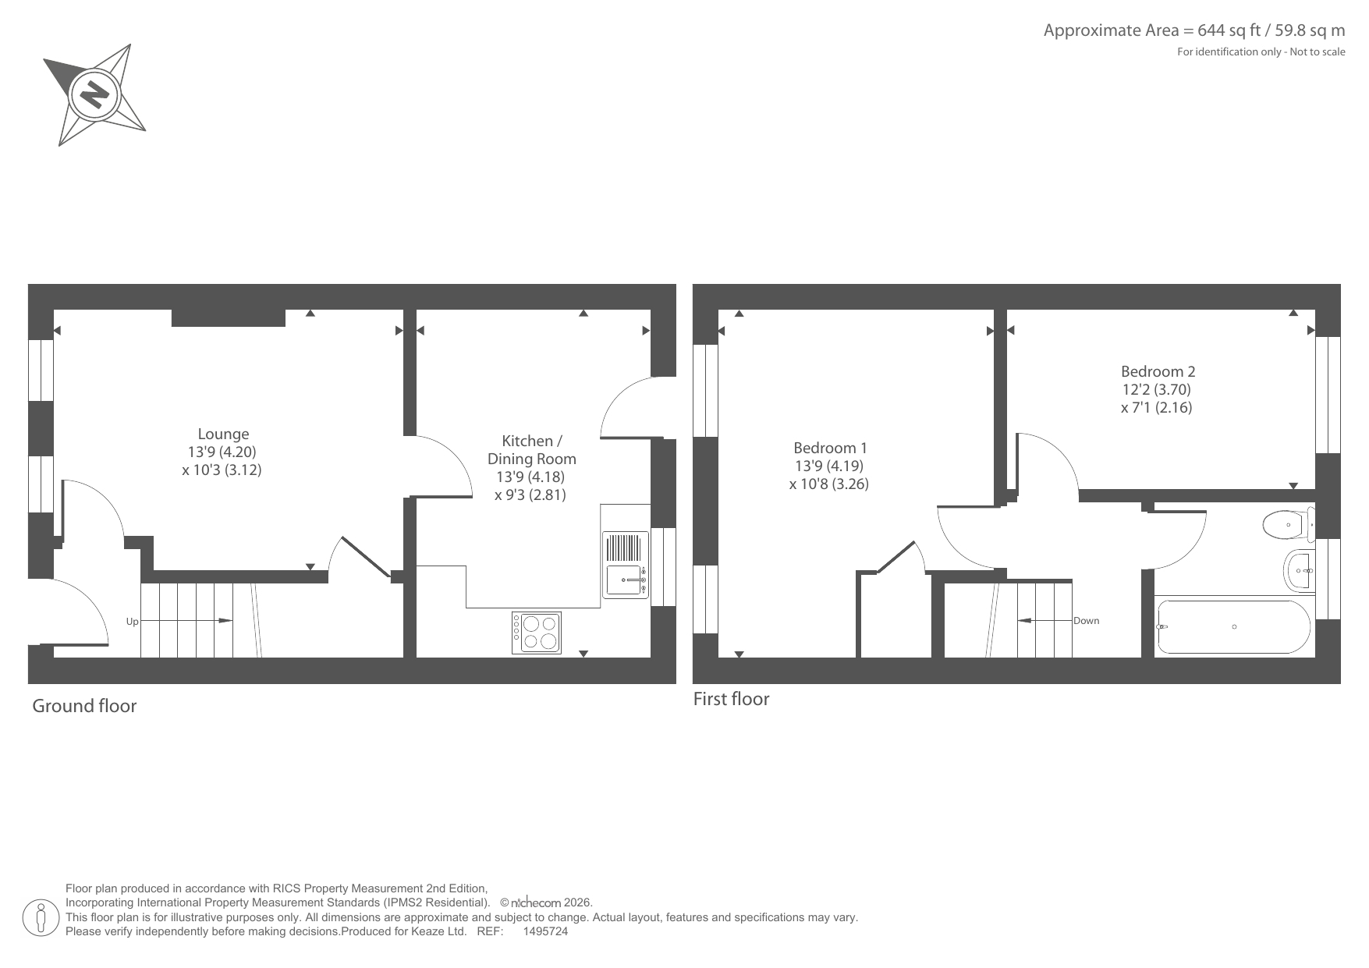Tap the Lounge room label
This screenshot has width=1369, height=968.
point(223,434)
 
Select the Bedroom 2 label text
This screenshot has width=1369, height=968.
point(1158,371)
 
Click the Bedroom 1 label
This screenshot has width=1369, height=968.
point(830,448)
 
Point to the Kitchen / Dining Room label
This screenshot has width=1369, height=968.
point(532,450)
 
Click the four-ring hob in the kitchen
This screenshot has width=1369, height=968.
point(536,632)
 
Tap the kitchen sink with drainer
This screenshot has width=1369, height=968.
point(626,565)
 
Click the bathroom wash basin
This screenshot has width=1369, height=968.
point(1300,570)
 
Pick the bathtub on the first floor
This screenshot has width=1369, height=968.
point(1234,626)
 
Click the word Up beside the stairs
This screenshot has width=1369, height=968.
point(133,622)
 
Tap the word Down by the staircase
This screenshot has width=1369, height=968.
point(1086,621)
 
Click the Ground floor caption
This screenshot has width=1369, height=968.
point(84,706)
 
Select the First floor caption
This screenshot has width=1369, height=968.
point(731,699)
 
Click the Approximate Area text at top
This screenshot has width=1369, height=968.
point(1194,30)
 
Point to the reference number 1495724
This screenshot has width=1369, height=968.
point(545,931)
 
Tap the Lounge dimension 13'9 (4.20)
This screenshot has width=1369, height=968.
point(222,452)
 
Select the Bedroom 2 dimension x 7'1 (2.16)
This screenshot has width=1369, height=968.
point(1157,407)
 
